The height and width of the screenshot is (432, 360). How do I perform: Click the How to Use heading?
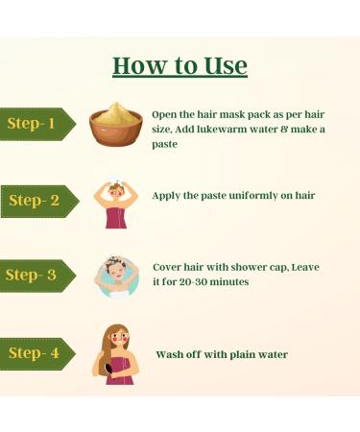coord(180,65)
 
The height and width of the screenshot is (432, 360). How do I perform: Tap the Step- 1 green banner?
coord(36,124)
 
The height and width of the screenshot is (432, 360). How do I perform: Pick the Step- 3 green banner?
coord(36,276)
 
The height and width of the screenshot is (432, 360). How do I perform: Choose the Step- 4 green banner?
coord(36,353)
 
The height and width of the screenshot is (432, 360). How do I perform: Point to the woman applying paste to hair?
coord(115,203)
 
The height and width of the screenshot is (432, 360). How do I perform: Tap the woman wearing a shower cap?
coord(116,276)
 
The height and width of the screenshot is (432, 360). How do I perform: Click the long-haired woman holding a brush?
coord(115,353)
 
